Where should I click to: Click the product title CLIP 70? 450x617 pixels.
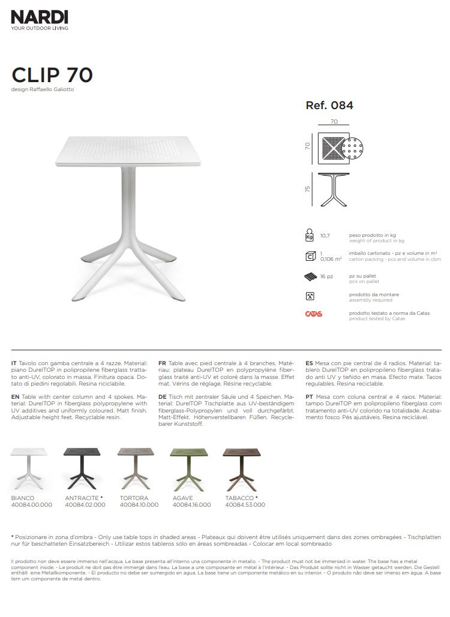pyautogui.click(x=52, y=75)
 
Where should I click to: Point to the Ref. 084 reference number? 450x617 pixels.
pyautogui.click(x=329, y=105)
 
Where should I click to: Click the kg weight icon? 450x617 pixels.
pyautogui.click(x=310, y=234)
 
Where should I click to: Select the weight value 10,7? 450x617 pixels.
pyautogui.click(x=325, y=236)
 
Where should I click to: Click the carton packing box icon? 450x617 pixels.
pyautogui.click(x=310, y=257)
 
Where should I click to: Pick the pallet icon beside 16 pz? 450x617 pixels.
pyautogui.click(x=310, y=276)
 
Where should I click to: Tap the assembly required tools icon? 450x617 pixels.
pyautogui.click(x=310, y=296)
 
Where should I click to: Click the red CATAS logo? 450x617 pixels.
pyautogui.click(x=314, y=314)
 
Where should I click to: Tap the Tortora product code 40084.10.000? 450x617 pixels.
pyautogui.click(x=139, y=505)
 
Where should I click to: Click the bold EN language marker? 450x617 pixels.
pyautogui.click(x=15, y=397)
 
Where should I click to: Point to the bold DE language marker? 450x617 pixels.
pyautogui.click(x=162, y=397)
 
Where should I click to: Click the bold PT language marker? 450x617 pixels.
pyautogui.click(x=309, y=397)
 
